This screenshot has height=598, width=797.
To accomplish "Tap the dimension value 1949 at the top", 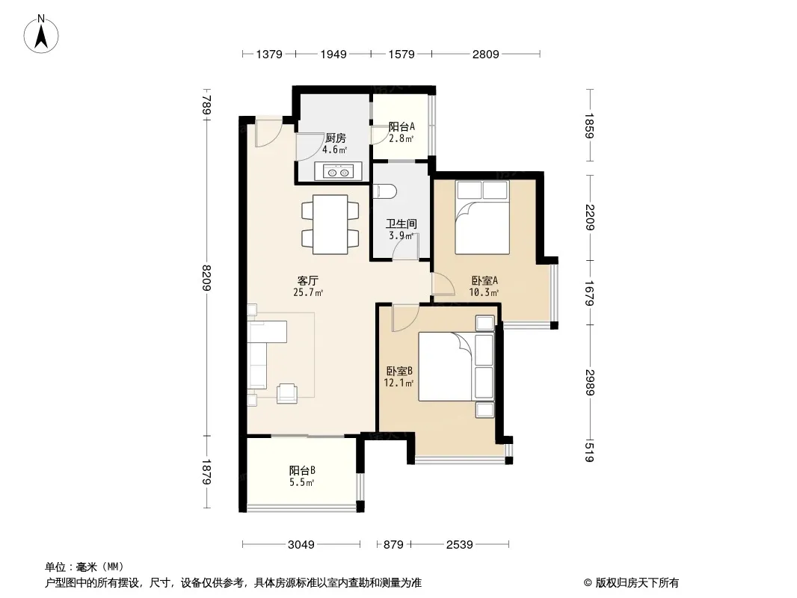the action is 333,54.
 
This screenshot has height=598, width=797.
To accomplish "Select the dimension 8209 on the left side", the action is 206,277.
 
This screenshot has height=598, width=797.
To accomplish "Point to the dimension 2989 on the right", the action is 590,382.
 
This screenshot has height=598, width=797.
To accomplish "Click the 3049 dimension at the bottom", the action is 301,545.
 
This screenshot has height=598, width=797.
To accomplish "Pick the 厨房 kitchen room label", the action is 336,138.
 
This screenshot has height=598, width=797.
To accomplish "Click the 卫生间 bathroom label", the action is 401,224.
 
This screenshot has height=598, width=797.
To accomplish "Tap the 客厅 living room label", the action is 307,280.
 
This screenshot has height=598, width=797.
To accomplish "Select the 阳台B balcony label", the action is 303,470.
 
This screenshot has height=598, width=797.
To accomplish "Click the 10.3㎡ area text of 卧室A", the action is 484,292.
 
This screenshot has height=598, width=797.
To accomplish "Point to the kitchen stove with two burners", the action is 338,171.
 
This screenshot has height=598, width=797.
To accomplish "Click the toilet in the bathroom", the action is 385,191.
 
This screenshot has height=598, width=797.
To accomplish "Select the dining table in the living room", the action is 330,224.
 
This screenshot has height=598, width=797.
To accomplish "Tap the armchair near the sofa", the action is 287,393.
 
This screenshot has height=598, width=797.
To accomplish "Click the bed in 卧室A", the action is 482,218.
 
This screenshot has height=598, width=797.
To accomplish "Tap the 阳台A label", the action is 401,126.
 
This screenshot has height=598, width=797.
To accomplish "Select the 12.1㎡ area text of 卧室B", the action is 398,383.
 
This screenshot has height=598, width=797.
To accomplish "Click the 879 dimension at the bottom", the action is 393,545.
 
